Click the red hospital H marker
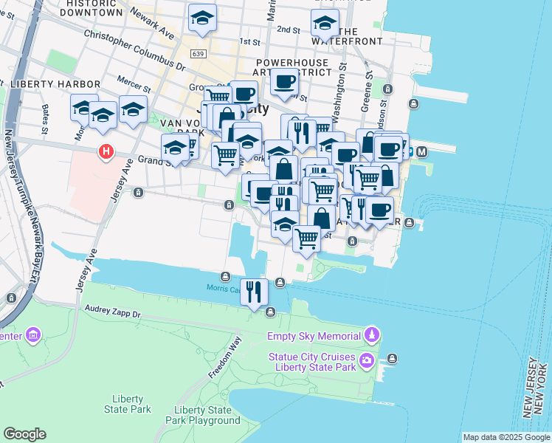point(106,152)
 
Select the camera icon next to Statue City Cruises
point(367,360)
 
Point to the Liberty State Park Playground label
point(207,415)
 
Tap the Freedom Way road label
point(225,358)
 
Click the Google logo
point(24,434)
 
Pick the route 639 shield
point(197,53)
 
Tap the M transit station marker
point(422,152)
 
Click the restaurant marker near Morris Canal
point(254,291)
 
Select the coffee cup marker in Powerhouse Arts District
point(284,82)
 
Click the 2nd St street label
point(288,30)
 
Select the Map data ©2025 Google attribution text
point(506,437)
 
